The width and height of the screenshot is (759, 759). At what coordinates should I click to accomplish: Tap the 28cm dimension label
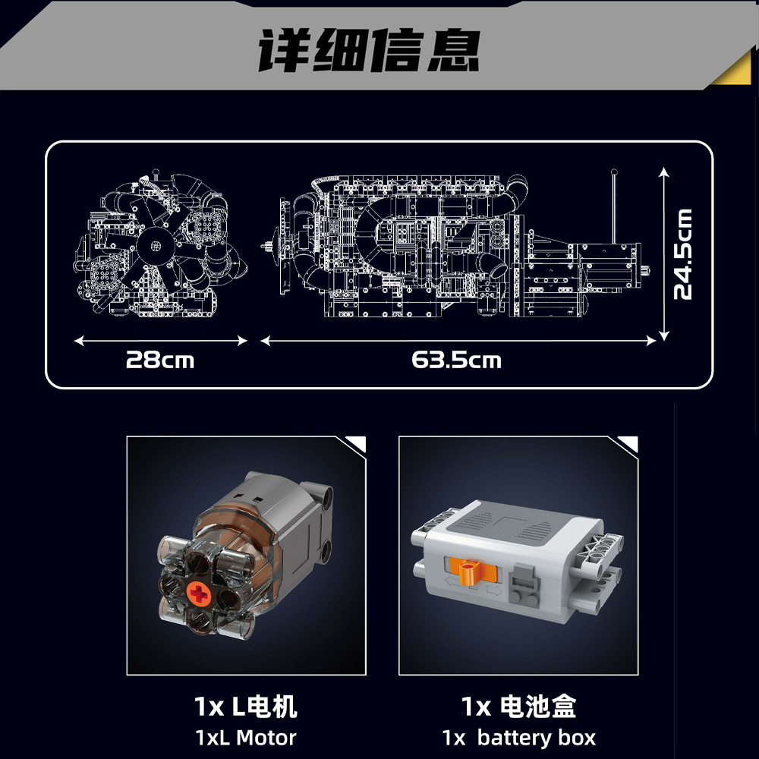point(160,358)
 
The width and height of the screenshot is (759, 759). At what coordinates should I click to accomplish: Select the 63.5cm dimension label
point(456,358)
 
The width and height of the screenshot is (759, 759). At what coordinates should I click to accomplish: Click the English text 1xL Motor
point(245,736)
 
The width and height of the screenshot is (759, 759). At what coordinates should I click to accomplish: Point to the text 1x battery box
point(518,736)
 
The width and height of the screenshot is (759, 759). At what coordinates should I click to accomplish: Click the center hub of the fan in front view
point(156,245)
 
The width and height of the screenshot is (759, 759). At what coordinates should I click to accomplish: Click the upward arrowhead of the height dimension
point(663,172)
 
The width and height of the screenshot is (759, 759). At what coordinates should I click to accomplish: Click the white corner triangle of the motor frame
point(355,444)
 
